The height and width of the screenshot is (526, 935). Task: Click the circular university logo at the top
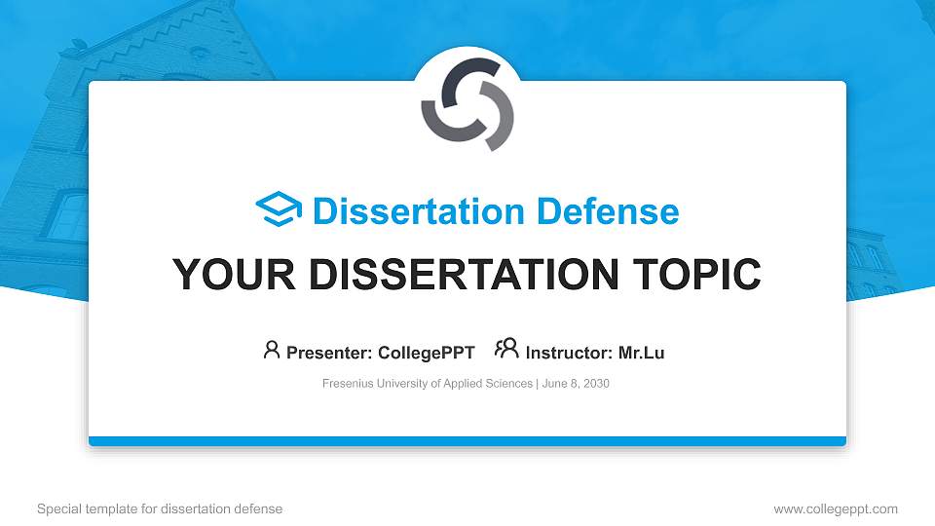click(467, 105)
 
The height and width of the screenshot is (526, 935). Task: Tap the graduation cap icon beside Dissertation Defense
click(280, 210)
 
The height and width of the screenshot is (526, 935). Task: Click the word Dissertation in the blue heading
click(408, 211)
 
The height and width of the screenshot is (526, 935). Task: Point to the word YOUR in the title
click(219, 275)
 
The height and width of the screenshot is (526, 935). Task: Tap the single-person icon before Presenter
click(272, 350)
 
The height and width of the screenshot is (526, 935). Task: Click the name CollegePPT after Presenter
click(426, 353)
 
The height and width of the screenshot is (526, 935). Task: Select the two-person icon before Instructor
click(506, 349)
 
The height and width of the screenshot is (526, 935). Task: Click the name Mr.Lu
click(641, 353)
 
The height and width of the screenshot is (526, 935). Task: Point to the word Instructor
click(569, 353)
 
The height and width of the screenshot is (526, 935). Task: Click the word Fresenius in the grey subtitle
click(349, 384)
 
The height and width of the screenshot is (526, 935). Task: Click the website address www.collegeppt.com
click(836, 509)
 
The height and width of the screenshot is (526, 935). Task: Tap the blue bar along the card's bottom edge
click(467, 441)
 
